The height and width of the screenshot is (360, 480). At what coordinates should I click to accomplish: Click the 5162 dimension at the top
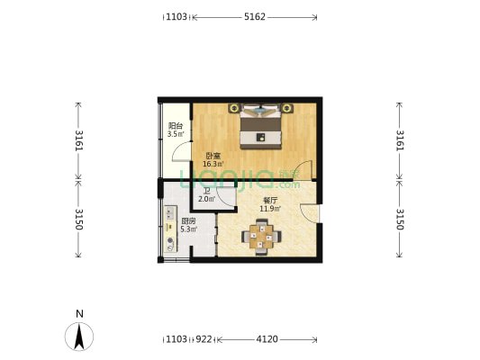tap(254, 16)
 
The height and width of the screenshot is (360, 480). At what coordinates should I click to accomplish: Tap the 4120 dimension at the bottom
tap(267, 339)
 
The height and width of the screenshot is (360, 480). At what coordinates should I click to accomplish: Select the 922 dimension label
tap(204, 339)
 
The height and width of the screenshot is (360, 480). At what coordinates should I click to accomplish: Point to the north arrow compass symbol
tap(79, 337)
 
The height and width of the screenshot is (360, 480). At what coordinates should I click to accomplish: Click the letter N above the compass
tap(79, 314)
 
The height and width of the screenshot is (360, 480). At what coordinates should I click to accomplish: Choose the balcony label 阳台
tap(176, 126)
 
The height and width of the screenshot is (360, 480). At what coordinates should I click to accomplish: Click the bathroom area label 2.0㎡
tap(206, 199)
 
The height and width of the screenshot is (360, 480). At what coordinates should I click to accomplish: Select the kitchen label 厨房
tap(188, 220)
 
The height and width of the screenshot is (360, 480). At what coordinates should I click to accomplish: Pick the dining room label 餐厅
tap(270, 201)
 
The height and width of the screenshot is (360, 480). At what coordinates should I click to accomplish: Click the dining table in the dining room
tap(261, 237)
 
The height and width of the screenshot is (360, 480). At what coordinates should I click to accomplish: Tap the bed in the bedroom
tap(260, 127)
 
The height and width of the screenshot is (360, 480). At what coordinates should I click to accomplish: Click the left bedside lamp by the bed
tap(234, 108)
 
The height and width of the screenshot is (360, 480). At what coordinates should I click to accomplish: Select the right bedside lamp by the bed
tap(286, 108)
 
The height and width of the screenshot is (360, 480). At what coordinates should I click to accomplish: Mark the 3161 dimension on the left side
tap(78, 140)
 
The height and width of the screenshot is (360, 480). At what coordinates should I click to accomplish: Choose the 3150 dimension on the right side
tap(400, 219)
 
